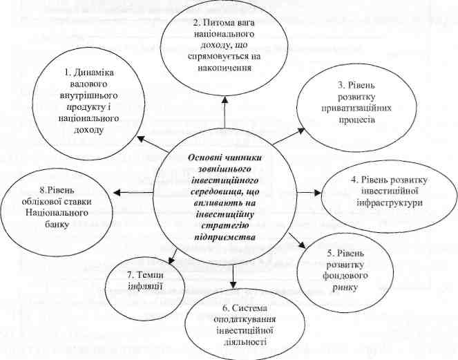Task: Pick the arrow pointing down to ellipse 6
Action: pyautogui.click(x=235, y=276)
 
